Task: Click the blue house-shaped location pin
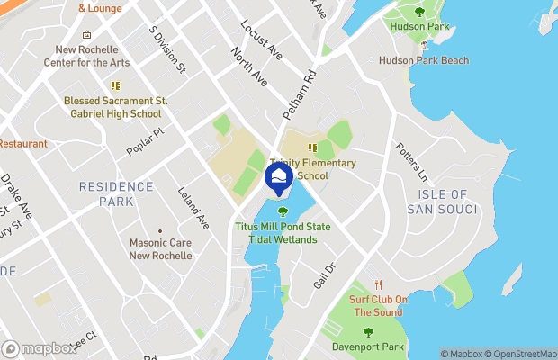click(279, 178)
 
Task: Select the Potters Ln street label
click(407, 158)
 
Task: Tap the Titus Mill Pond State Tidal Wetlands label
click(283, 233)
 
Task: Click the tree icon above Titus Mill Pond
click(283, 212)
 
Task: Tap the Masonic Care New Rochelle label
click(160, 249)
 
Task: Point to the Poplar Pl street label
click(146, 142)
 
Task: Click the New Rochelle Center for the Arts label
click(86, 56)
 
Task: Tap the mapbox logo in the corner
click(40, 348)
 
